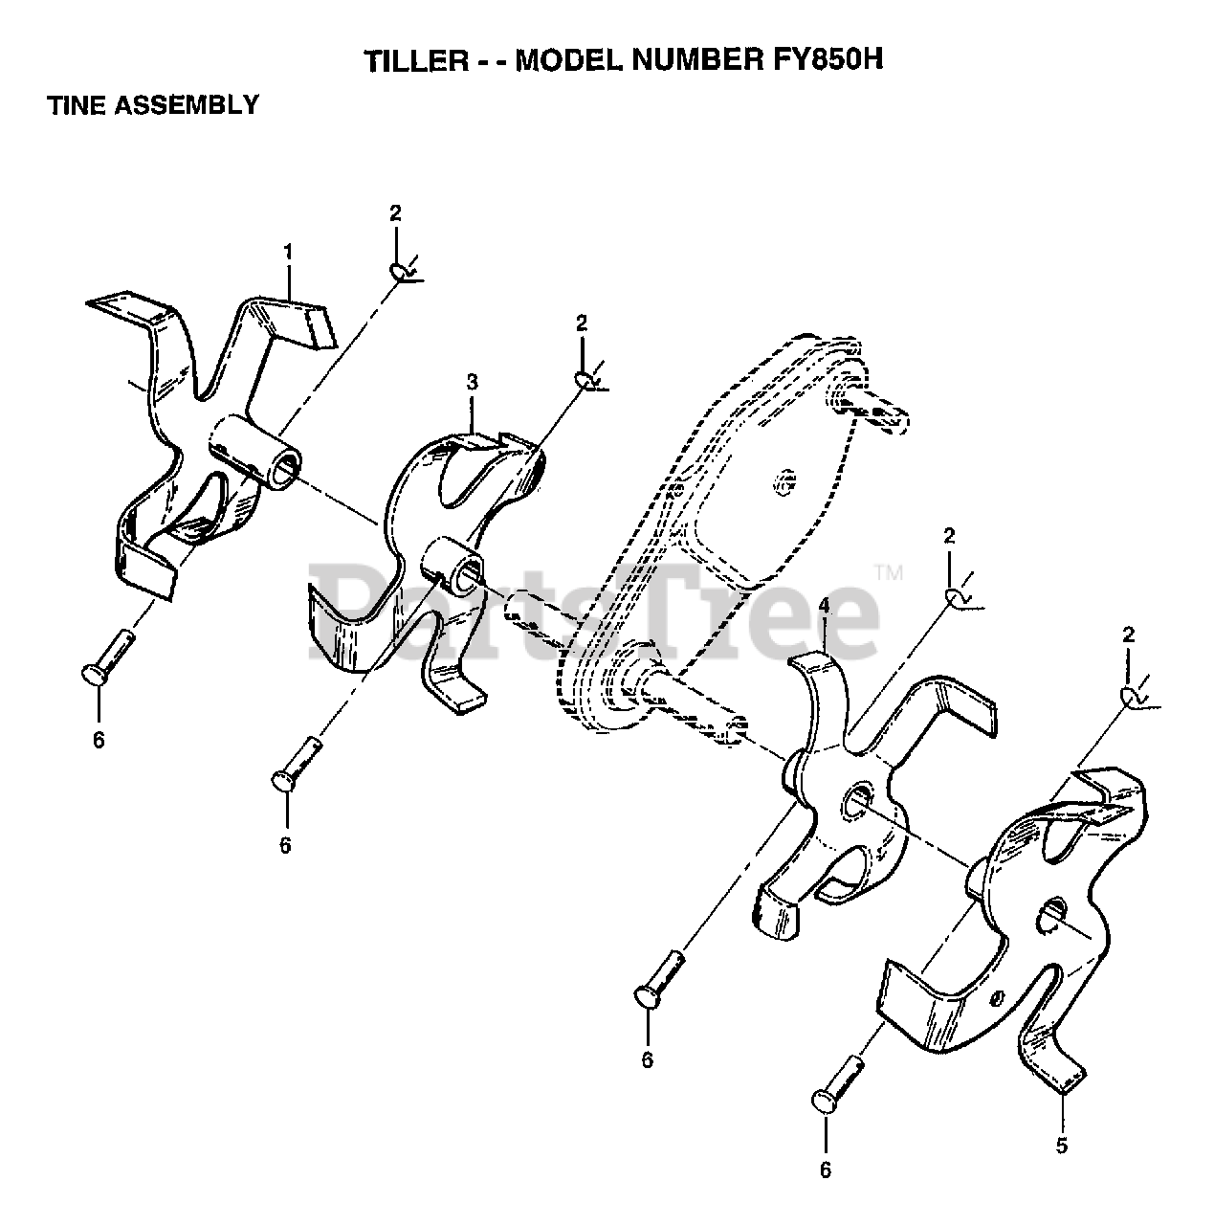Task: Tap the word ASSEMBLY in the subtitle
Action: click(x=187, y=104)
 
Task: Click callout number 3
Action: click(x=472, y=382)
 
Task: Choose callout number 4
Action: click(x=824, y=606)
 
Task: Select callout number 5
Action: click(x=1062, y=1145)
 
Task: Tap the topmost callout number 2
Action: click(x=395, y=213)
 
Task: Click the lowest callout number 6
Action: click(x=826, y=1169)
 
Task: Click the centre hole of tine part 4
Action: click(x=856, y=799)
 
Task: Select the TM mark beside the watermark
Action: click(x=889, y=572)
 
